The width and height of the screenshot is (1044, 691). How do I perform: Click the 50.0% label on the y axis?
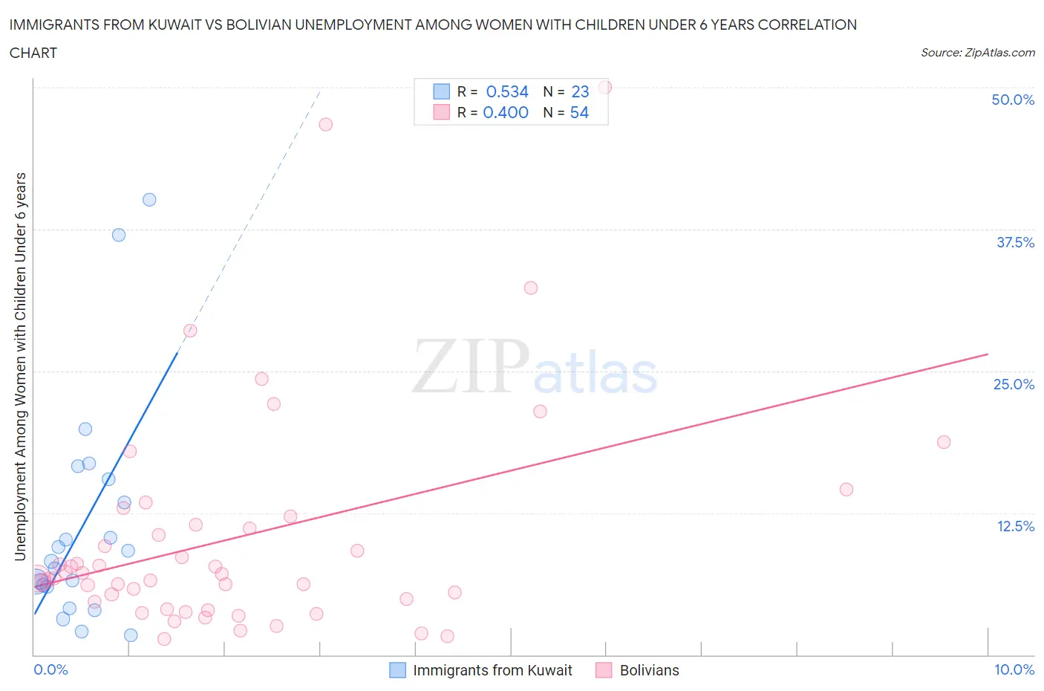click(x=1013, y=100)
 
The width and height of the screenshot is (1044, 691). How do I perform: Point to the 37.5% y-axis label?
click(x=1015, y=242)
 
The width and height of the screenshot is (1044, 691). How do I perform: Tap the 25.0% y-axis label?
click(x=1014, y=384)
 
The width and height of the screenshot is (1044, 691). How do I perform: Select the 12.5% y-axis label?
click(x=1015, y=526)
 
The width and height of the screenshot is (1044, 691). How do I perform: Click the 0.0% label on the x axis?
click(x=51, y=669)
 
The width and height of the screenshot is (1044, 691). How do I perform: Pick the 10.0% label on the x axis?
click(x=1014, y=669)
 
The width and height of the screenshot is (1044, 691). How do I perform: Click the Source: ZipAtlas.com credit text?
click(x=977, y=53)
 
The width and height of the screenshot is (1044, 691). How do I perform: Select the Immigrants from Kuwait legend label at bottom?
click(x=492, y=670)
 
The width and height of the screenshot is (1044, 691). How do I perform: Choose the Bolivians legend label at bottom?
click(x=649, y=670)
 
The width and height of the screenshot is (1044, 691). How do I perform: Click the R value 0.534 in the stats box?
click(x=507, y=91)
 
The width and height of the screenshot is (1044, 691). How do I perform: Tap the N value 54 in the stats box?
click(x=579, y=112)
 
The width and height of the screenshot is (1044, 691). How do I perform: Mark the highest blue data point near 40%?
click(x=149, y=199)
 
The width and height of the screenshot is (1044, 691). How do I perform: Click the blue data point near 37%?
click(x=119, y=235)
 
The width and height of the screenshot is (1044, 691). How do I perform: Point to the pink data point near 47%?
click(x=325, y=124)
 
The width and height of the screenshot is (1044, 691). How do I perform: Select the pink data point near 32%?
click(x=530, y=288)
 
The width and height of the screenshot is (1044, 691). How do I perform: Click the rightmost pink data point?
click(x=944, y=442)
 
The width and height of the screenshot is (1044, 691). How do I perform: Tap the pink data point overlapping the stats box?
click(x=605, y=87)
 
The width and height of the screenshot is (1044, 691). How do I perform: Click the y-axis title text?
click(x=21, y=366)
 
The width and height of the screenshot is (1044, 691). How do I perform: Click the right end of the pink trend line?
click(x=988, y=354)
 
